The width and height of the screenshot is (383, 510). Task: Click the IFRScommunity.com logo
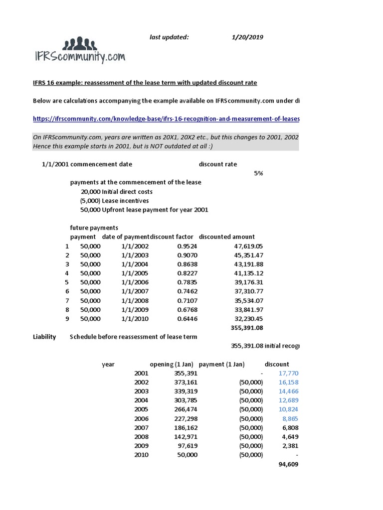tap(79, 51)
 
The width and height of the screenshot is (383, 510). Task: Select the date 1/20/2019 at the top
tap(248, 37)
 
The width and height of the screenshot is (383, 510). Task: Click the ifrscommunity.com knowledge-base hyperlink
tap(166, 119)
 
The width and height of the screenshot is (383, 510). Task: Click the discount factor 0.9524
tap(188, 246)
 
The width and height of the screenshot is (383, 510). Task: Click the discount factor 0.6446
tap(188, 318)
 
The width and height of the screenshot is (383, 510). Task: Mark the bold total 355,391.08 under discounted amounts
tap(247, 328)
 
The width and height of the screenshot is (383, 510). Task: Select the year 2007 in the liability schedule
tap(142, 427)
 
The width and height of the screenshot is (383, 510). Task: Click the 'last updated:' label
tap(170, 37)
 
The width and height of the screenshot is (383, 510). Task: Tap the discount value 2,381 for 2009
tap(289, 446)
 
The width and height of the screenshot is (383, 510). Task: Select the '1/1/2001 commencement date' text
tap(87, 164)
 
